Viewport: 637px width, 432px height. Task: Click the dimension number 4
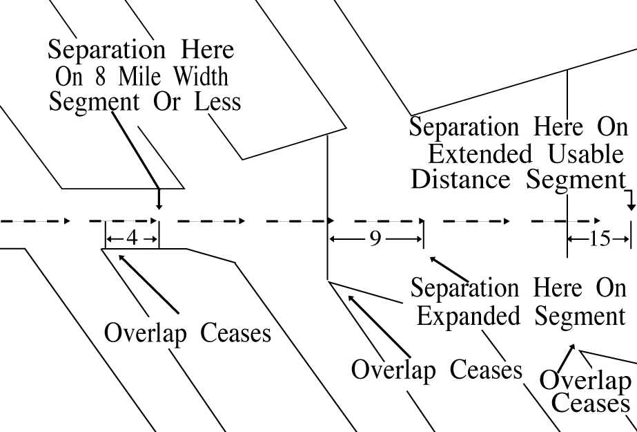coord(132,238)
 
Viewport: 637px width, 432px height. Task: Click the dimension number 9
coord(375,239)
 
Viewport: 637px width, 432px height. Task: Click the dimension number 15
coord(600,239)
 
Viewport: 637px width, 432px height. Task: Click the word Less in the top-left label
coord(217,102)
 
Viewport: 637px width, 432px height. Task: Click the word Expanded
coord(466,317)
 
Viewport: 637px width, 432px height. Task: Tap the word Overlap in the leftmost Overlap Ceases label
coord(146,333)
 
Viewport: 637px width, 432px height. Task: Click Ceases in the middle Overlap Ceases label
coord(486,370)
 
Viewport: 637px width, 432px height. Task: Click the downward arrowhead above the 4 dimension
coord(159,205)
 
